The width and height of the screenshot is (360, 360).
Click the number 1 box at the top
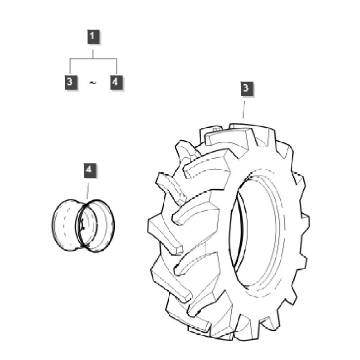click(x=93, y=36)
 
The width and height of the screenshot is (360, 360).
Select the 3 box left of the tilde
click(x=69, y=82)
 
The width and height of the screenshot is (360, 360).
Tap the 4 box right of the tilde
click(x=117, y=82)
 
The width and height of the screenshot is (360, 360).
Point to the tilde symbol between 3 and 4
click(x=93, y=83)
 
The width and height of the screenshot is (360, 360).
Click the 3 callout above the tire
click(x=245, y=88)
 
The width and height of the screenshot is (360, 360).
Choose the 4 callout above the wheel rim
click(x=89, y=170)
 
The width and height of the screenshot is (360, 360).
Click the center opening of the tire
click(x=238, y=234)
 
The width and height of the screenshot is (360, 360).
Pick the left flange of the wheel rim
click(x=63, y=225)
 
